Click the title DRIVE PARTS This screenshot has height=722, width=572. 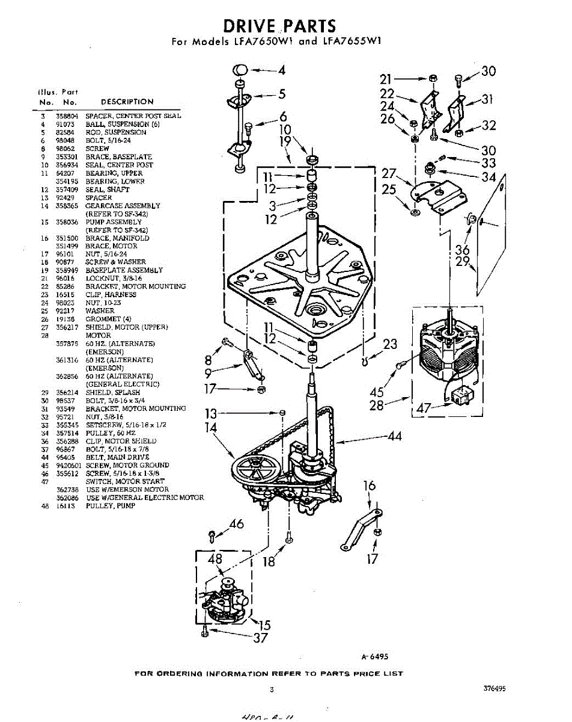coord(279,26)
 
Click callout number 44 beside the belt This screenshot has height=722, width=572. coord(394,436)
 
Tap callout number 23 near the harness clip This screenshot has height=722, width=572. coord(390,344)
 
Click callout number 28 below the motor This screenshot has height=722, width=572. coord(377,406)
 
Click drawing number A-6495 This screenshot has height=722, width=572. coord(371,657)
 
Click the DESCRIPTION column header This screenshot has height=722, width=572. coord(127,102)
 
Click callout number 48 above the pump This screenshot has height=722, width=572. coord(214,560)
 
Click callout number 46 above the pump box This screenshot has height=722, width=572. coord(237,524)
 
